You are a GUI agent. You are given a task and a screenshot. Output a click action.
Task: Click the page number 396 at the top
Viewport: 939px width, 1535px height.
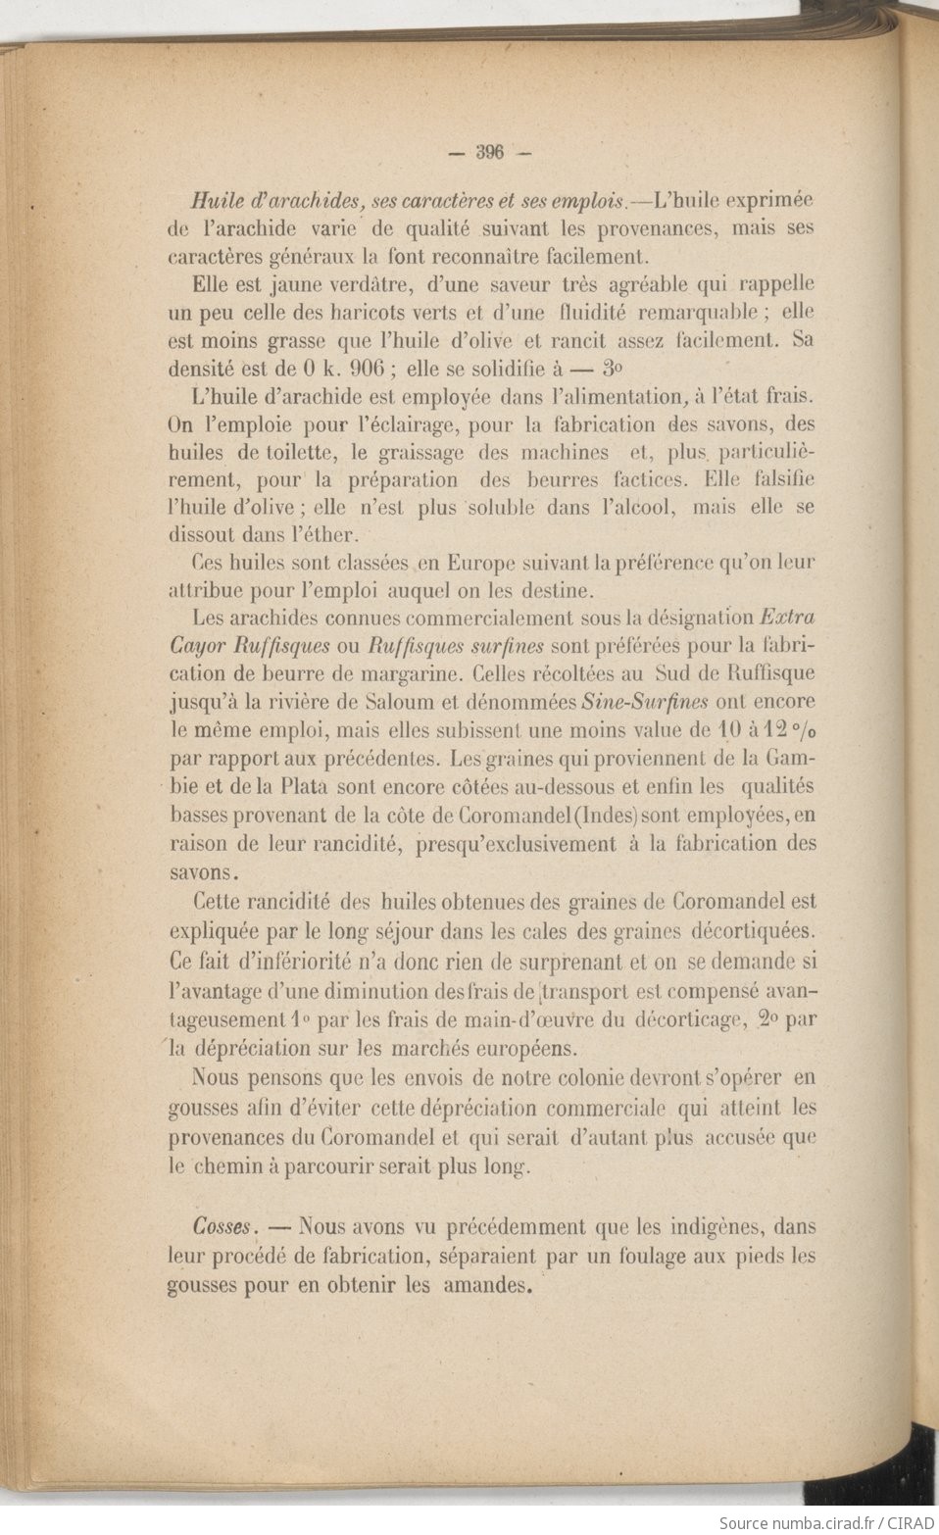click(488, 152)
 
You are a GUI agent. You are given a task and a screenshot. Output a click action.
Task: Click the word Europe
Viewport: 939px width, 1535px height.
click(484, 565)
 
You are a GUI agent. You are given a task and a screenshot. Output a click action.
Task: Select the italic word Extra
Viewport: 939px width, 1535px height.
click(788, 619)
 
